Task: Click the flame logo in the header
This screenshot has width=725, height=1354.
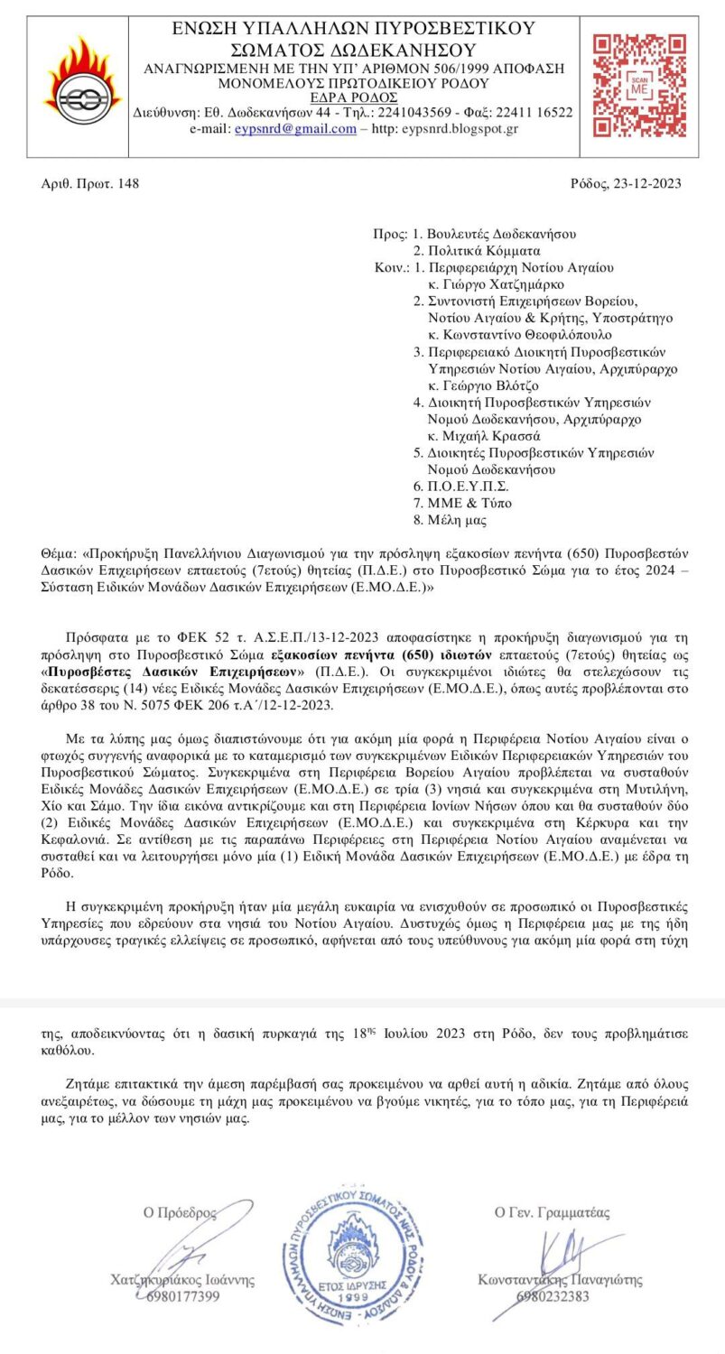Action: pos(80,87)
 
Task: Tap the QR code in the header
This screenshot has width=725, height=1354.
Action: pos(639,86)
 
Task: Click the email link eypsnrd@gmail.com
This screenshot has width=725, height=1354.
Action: pos(295,128)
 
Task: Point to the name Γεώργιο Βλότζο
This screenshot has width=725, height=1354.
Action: pos(485,385)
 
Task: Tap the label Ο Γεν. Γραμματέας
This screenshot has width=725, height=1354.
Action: pos(552,1212)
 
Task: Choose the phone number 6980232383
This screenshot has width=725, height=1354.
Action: pos(553,1296)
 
